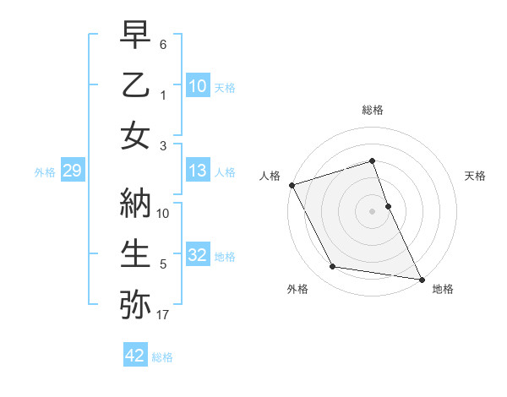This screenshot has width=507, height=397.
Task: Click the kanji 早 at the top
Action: pyautogui.click(x=136, y=37)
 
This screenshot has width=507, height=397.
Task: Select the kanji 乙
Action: pyautogui.click(x=136, y=86)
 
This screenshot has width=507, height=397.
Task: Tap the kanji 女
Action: pyautogui.click(x=136, y=135)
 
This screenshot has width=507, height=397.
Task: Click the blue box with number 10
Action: pyautogui.click(x=198, y=86)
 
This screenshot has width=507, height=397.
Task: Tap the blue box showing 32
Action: pyautogui.click(x=198, y=256)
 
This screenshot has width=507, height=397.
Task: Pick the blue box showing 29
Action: pyautogui.click(x=72, y=171)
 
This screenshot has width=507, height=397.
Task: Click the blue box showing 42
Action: pyautogui.click(x=135, y=356)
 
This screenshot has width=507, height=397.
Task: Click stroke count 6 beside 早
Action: pyautogui.click(x=163, y=42)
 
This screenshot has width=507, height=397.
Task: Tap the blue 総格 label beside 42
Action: pyautogui.click(x=162, y=357)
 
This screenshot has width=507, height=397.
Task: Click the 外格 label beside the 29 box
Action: pyautogui.click(x=45, y=172)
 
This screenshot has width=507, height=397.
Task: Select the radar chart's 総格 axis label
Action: pyautogui.click(x=373, y=110)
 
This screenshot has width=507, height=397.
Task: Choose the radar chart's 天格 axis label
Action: pyautogui.click(x=476, y=176)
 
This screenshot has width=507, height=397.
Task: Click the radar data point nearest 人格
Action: pyautogui.click(x=292, y=185)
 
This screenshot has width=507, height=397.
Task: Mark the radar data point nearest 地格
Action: pyautogui.click(x=421, y=278)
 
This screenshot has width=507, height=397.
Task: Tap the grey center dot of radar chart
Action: pyautogui.click(x=373, y=211)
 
